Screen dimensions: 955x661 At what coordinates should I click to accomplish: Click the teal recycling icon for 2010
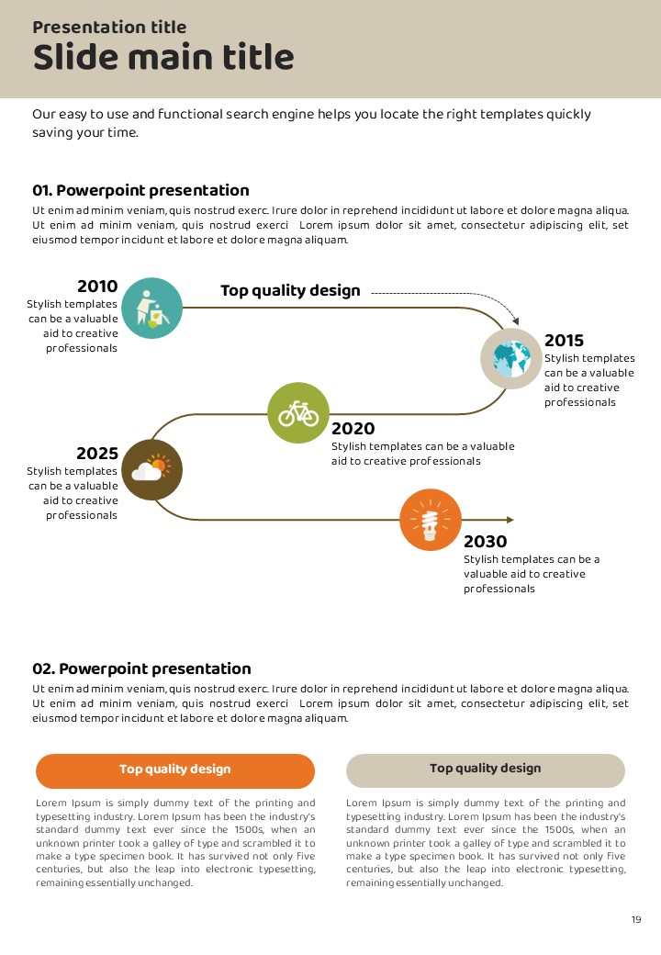151,308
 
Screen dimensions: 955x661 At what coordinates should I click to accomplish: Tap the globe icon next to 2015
511,357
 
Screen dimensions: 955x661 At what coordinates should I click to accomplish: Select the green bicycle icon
298,412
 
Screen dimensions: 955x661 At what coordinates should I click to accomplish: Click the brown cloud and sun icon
151,469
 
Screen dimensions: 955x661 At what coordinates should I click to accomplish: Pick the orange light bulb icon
431,520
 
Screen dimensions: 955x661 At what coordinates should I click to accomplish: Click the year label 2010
97,286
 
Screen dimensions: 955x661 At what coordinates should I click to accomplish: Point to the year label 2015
564,341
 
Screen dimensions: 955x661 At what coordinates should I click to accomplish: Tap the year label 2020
353,429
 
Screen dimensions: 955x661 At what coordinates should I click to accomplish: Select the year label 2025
97,454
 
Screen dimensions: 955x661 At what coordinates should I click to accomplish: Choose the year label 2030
485,542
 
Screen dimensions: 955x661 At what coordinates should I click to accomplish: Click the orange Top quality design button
175,770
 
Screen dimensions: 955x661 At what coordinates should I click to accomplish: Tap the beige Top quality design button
486,770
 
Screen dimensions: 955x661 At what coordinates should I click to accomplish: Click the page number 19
636,920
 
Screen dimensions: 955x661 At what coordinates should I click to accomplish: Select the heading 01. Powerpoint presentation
140,191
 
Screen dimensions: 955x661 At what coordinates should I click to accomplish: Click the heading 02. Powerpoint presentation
141,668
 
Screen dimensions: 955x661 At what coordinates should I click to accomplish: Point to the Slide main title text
163,58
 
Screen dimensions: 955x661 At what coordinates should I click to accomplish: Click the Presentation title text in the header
109,28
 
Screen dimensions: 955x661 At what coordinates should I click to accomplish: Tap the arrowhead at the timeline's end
510,520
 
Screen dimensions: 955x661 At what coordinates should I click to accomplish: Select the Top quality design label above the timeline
290,291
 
